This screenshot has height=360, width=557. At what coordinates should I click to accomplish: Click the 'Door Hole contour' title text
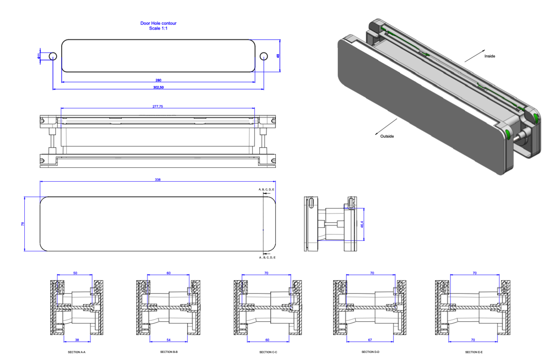click(x=158, y=23)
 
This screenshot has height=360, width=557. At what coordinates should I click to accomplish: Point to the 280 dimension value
click(x=158, y=80)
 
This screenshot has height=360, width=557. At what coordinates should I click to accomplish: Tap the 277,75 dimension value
click(x=158, y=106)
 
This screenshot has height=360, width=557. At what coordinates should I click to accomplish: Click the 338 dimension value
click(x=158, y=180)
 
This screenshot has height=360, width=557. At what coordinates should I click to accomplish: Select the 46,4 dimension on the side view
click(x=362, y=224)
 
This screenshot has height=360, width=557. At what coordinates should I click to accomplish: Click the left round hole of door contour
click(x=53, y=56)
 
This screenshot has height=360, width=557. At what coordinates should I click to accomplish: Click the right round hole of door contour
click(x=264, y=56)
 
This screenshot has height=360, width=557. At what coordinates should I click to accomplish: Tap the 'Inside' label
click(x=490, y=56)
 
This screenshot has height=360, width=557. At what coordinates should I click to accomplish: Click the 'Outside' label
click(x=387, y=136)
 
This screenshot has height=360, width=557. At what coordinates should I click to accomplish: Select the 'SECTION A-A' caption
click(x=76, y=352)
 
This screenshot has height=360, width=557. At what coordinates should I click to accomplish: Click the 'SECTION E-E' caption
click(x=473, y=352)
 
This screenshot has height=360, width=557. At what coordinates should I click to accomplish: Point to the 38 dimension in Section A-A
click(x=77, y=339)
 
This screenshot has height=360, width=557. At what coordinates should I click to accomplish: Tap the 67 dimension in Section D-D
click(x=371, y=339)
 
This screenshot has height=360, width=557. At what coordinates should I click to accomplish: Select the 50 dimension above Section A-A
click(x=75, y=273)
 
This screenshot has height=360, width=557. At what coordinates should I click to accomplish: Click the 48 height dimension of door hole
click(x=278, y=56)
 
